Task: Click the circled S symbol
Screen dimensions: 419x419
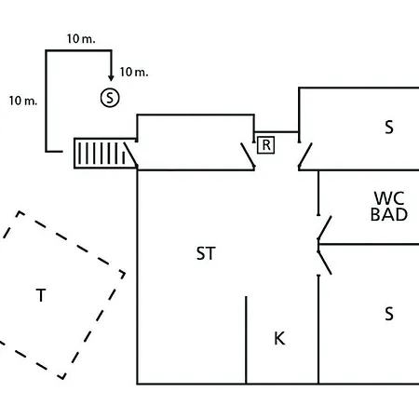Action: coord(110,98)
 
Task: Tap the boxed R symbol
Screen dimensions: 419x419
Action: coord(266,145)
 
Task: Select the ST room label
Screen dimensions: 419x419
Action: coord(206,253)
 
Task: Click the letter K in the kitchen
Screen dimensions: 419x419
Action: coord(279,338)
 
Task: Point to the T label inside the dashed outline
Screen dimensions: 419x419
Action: coord(41,295)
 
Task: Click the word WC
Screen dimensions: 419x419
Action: coord(389,198)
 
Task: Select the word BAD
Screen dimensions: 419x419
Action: coord(389,214)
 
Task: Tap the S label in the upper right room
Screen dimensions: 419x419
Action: coord(389,127)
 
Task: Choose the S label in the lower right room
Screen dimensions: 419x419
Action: coord(389,314)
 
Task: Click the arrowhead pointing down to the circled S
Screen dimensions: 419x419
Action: coord(111,78)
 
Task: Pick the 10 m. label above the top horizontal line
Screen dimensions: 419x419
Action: coord(81,39)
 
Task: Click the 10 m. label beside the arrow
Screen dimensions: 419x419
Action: coord(134,72)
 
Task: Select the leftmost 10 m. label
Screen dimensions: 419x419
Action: coord(23,101)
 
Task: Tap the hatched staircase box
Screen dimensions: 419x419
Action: coord(105,154)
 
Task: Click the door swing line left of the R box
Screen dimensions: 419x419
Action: coord(248,155)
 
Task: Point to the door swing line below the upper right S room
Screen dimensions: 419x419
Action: coord(305,155)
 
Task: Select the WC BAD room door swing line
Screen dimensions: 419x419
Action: coord(325,228)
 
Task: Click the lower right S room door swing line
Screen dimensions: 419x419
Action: coord(325,263)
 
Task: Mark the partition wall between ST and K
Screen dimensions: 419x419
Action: coord(246,340)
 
